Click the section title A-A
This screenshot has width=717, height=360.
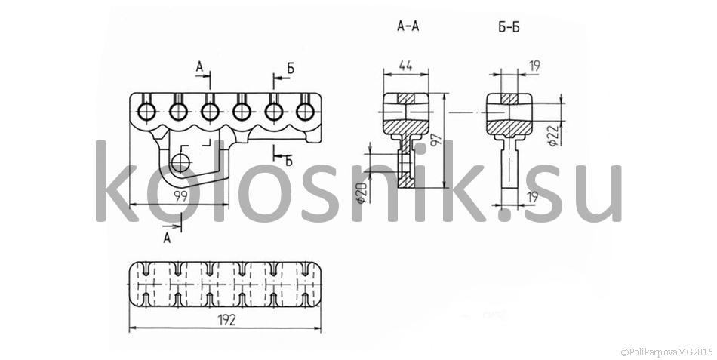408,26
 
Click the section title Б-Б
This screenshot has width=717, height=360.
509,27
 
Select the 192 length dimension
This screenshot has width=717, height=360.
226,320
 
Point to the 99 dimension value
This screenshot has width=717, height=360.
181,197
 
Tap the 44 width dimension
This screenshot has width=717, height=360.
405,66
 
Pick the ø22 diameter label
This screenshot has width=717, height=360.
553,136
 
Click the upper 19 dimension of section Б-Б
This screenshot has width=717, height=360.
534,66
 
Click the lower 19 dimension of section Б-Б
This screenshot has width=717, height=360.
531,197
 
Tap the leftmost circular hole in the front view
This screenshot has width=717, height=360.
146,111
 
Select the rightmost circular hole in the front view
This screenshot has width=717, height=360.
305,111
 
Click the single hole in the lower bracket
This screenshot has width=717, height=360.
182,162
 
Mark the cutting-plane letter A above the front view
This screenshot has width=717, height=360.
200,67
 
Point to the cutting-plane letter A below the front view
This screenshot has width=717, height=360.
168,238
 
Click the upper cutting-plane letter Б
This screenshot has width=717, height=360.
291,68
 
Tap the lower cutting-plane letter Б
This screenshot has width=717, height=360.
289,160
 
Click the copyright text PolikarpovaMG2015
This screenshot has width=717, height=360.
667,352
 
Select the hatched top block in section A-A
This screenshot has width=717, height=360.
405,98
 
